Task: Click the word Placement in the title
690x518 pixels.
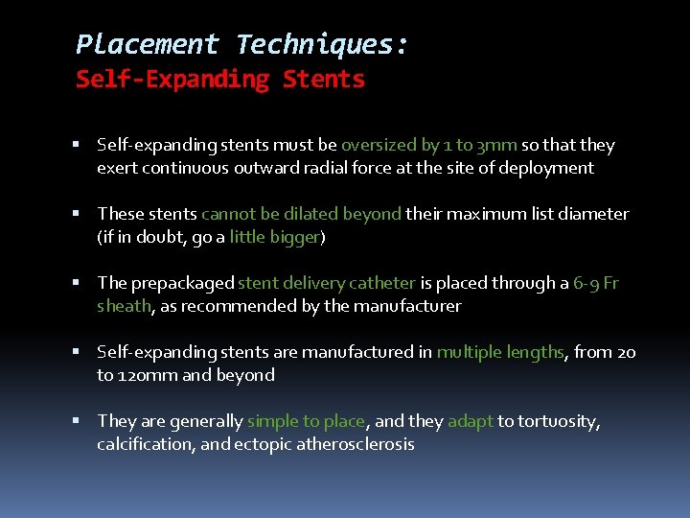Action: pos(147,44)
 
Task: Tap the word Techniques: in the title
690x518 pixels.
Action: pos(322,44)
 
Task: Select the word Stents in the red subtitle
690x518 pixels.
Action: pos(324,79)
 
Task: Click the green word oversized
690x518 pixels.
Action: pos(379,145)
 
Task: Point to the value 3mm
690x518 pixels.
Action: pos(498,145)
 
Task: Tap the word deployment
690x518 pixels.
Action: pos(549,168)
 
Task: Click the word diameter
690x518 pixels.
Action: pos(591,214)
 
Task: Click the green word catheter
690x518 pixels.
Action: pos(382,283)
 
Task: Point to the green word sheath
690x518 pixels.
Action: pos(124,306)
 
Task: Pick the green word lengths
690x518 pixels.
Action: pos(534,352)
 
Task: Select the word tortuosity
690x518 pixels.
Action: pos(559,421)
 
